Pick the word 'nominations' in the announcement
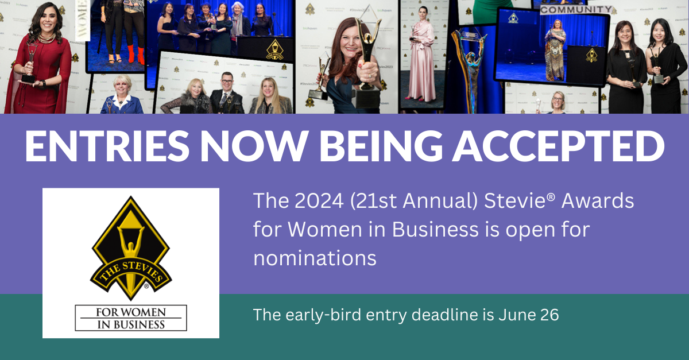[315, 258]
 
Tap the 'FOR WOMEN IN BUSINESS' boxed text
[131, 318]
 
